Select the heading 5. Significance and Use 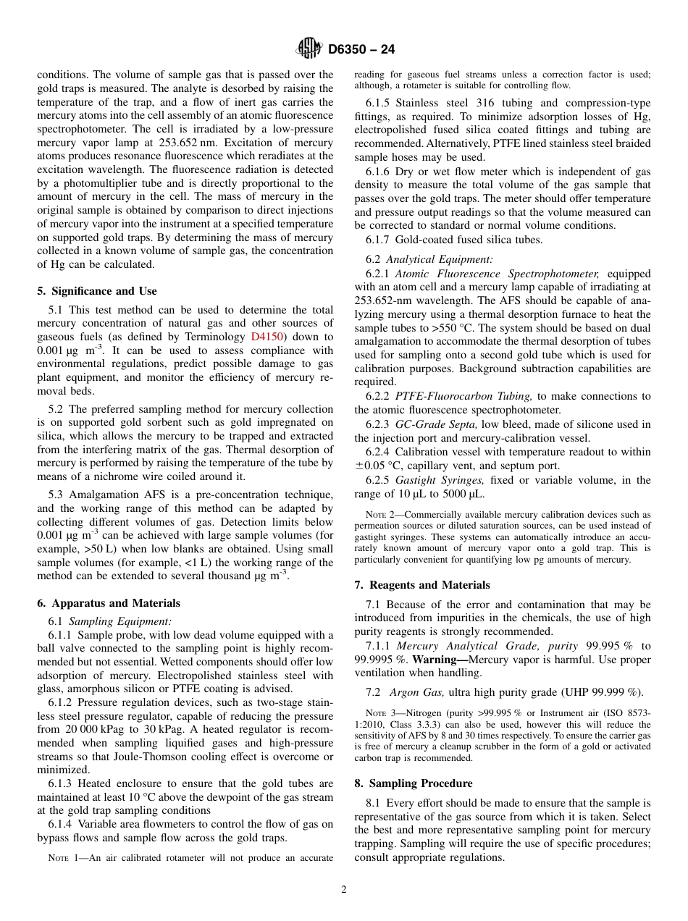96,291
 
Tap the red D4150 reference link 264,337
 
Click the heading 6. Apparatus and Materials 109,602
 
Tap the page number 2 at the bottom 344,890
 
